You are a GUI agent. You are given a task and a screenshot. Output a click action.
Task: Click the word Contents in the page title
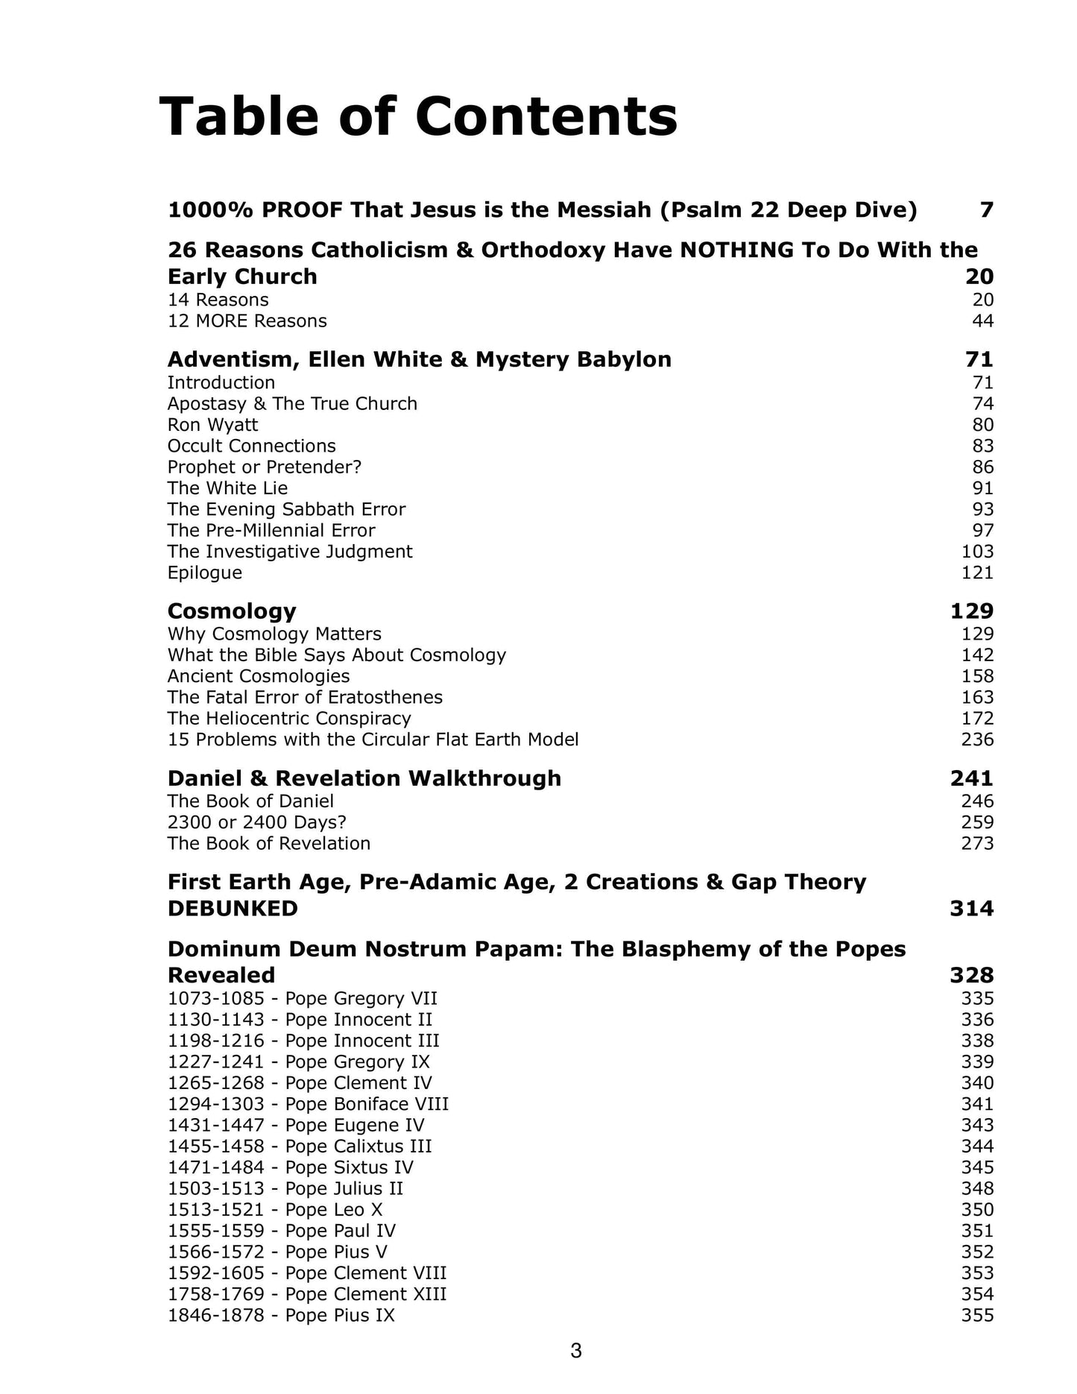(x=546, y=117)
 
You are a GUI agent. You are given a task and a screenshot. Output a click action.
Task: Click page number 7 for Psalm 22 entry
(x=986, y=210)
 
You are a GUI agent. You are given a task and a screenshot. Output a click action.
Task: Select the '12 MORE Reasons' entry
(x=247, y=321)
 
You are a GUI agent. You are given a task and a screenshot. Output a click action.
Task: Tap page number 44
(x=982, y=321)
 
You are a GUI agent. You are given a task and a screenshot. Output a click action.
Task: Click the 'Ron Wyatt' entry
(x=212, y=425)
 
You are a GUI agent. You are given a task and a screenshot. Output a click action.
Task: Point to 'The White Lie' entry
(x=227, y=488)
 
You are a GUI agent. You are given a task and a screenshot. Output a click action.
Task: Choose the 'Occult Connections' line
(x=251, y=446)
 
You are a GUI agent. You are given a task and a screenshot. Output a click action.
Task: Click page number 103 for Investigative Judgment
(x=977, y=552)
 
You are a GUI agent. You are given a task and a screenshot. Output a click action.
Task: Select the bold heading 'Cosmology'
(x=232, y=611)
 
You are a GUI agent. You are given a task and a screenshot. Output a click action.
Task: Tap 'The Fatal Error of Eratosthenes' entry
(x=305, y=698)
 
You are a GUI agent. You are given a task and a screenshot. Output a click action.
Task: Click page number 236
(x=977, y=739)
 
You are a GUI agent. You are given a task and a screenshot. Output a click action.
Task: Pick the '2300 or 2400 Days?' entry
(x=257, y=822)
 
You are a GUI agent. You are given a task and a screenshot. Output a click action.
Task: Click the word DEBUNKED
(x=233, y=909)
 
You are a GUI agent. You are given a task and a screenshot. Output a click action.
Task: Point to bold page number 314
(x=972, y=909)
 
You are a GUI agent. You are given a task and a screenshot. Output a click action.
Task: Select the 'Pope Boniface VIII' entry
(x=308, y=1104)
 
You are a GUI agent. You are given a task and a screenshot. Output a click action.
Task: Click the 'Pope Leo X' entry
(x=274, y=1210)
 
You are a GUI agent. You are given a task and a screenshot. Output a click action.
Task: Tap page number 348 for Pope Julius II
(x=977, y=1188)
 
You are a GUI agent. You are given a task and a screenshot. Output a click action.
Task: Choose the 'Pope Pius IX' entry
(x=281, y=1315)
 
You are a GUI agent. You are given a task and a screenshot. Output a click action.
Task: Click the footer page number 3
(x=575, y=1350)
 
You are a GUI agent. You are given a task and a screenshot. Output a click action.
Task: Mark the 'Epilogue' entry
(x=204, y=573)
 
